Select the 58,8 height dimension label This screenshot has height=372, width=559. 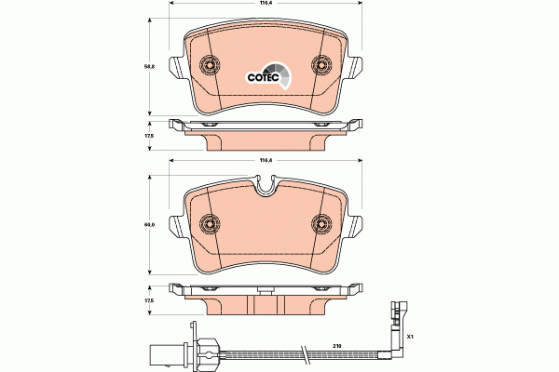(148, 66)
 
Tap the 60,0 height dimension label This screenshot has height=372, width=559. (148, 223)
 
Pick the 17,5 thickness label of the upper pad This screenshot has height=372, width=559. (148, 136)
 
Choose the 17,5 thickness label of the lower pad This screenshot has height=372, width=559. (148, 299)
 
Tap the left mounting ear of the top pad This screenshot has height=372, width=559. (176, 67)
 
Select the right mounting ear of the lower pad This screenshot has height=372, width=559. (355, 227)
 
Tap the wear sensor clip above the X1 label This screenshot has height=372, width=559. (398, 312)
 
